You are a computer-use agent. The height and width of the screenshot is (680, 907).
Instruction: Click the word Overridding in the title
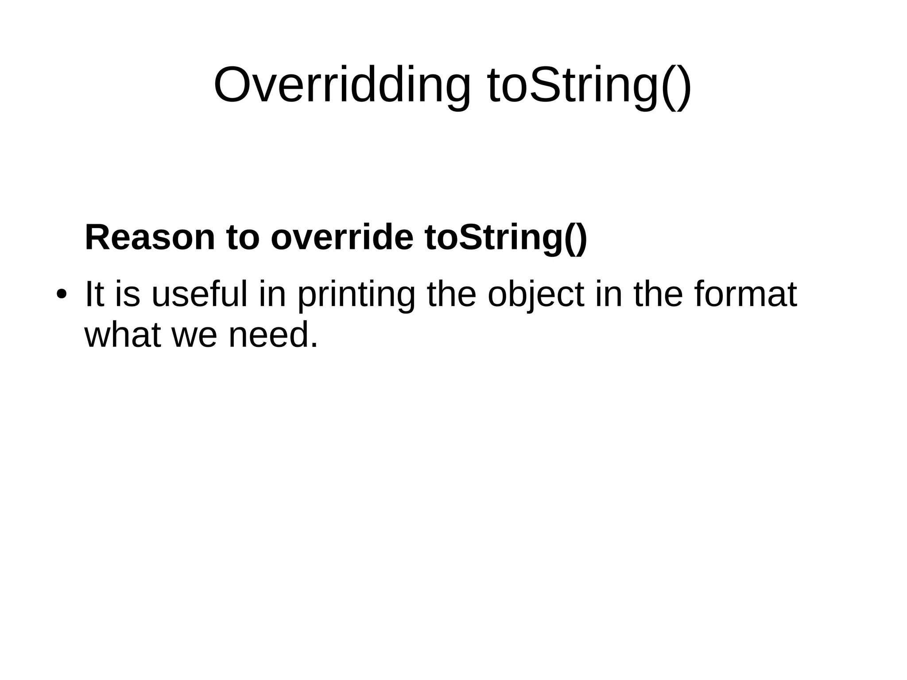pyautogui.click(x=342, y=85)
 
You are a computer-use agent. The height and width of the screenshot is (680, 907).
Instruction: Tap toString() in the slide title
pyautogui.click(x=589, y=85)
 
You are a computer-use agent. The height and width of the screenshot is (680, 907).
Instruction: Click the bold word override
pyautogui.click(x=341, y=237)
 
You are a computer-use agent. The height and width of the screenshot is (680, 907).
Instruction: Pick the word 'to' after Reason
pyautogui.click(x=243, y=237)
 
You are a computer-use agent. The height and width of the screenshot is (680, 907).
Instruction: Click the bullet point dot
pyautogui.click(x=61, y=294)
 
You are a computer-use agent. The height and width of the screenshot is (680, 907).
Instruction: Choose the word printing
pyautogui.click(x=356, y=295)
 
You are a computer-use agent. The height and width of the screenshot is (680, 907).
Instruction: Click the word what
pyautogui.click(x=122, y=334)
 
